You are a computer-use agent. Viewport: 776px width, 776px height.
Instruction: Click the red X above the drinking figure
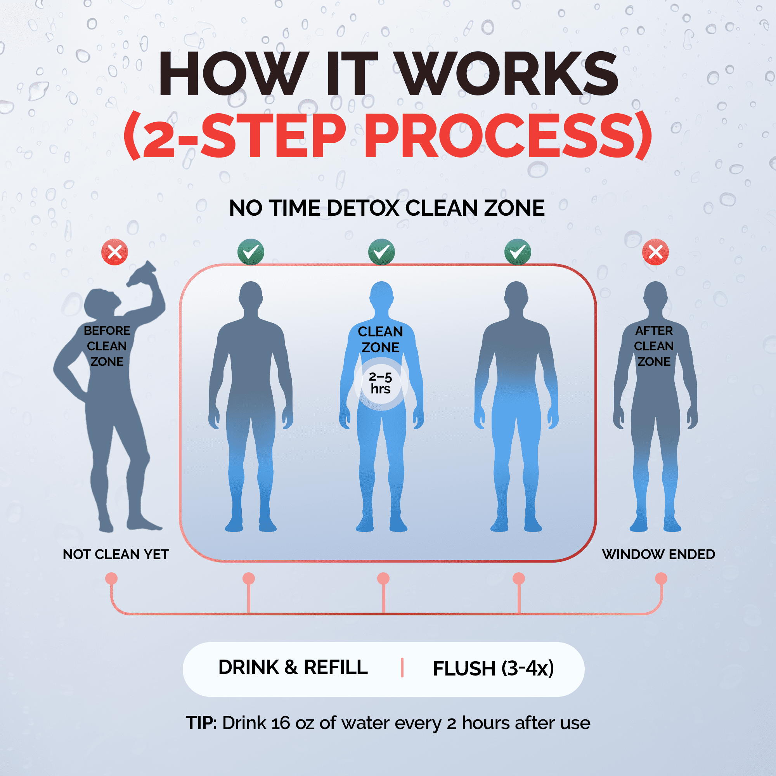pos(114,252)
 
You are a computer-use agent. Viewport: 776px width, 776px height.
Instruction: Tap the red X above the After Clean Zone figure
pos(655,252)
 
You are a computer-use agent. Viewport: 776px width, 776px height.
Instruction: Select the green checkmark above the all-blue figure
pos(381,252)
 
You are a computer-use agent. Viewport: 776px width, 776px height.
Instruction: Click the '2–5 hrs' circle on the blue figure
pos(381,384)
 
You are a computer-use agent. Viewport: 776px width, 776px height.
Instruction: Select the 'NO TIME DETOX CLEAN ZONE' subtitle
pos(387,208)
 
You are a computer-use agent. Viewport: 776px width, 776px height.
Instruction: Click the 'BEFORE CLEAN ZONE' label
pos(107,346)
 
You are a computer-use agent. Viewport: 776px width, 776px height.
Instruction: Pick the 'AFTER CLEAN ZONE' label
pos(654,346)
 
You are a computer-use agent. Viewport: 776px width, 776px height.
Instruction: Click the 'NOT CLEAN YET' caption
pos(116,554)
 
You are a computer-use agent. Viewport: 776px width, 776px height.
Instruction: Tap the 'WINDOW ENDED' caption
pos(658,554)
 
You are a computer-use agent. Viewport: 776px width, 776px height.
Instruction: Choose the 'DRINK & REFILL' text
pos(293,667)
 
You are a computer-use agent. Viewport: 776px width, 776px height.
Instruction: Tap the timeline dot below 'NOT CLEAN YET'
pos(111,579)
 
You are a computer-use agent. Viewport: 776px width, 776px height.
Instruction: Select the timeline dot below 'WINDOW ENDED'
pos(661,579)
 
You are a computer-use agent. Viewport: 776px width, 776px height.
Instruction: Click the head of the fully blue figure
pos(381,295)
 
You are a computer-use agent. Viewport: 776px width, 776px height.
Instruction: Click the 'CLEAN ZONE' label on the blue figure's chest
pos(380,339)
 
